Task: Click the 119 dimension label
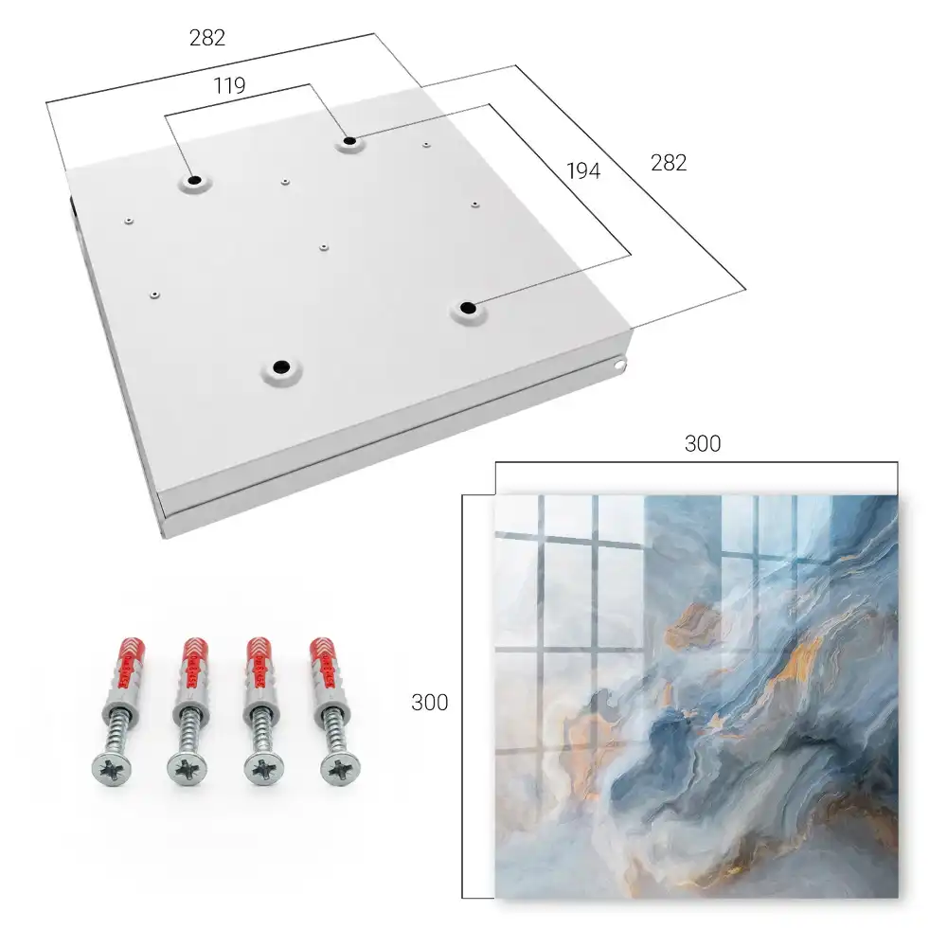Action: pos(229,86)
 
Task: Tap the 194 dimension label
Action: pos(583,170)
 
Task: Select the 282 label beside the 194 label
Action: pos(669,163)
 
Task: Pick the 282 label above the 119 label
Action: pos(207,38)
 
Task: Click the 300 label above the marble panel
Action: pos(703,444)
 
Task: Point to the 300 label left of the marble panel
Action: pos(429,703)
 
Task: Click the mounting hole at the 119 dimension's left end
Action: pos(194,181)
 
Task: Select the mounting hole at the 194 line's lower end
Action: pos(468,308)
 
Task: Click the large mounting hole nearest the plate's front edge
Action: pos(281,366)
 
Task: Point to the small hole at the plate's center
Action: pos(324,247)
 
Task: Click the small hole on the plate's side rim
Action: pos(618,365)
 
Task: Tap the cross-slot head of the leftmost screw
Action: pos(112,770)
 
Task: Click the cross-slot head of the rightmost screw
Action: pos(340,768)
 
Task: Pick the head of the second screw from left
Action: pos(188,769)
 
